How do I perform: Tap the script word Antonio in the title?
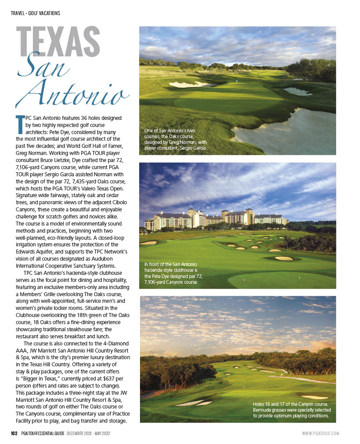tap(73, 93)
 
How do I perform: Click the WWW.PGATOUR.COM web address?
tap(320, 433)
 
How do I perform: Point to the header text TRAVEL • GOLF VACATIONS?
tap(35, 13)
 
